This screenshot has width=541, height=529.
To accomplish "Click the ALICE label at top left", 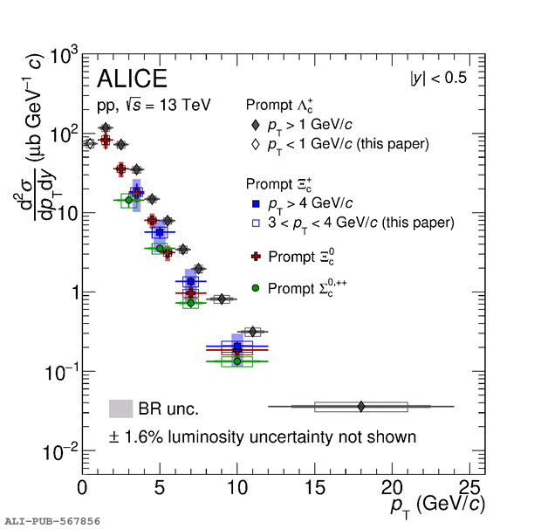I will pos(132,79).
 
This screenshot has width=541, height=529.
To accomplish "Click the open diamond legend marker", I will pos(255,143).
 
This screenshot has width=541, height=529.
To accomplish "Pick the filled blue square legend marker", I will pos(255,203).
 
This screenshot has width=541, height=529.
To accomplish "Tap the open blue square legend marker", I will pos(255,223).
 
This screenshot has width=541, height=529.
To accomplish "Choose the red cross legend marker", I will pos(255,257).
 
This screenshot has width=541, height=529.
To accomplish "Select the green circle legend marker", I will pos(255,287).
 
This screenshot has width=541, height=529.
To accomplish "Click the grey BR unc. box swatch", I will pos(120,409).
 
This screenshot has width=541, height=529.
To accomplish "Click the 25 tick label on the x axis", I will pos(470,487).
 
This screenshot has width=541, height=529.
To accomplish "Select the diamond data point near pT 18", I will pos(361,406).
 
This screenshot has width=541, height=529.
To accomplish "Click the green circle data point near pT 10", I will pos(237,361).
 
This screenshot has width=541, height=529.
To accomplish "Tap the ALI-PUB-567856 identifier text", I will pos(52,521).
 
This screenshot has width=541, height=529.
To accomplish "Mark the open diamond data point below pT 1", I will pos(90,144).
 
